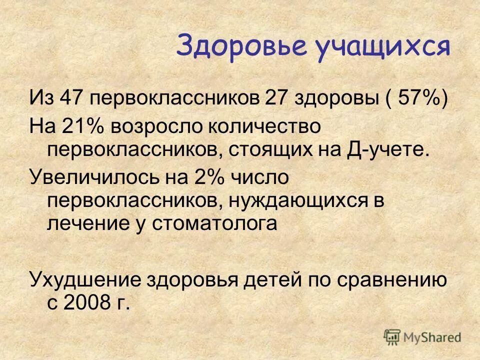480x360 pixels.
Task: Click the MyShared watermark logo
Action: tap(422, 336)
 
